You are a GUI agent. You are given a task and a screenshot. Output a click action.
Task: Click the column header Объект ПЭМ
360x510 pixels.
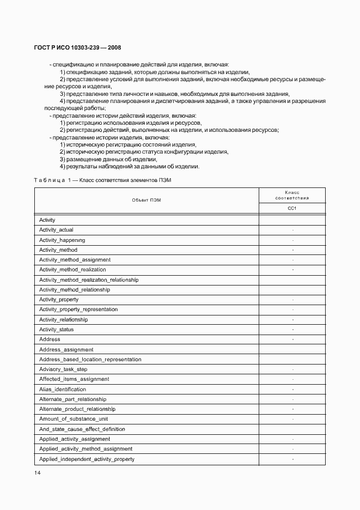tap(147, 200)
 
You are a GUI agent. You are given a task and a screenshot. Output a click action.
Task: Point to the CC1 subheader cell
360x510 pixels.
tap(292, 208)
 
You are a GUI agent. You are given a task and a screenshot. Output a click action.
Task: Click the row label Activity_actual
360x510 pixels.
tap(56, 230)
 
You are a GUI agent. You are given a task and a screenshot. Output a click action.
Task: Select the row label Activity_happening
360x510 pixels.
tap(62, 240)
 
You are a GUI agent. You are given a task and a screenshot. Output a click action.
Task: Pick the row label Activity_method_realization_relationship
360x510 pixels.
tap(89, 280)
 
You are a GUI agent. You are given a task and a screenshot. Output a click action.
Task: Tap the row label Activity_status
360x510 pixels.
tap(57, 329)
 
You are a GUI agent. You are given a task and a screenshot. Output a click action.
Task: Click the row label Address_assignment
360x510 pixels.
tap(66, 349)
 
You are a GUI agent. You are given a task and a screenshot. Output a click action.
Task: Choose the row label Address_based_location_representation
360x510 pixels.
tap(90, 359)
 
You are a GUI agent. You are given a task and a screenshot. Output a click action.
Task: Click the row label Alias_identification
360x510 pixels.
tap(63, 389)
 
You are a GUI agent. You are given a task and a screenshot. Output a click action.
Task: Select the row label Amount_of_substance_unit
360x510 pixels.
tap(74, 418)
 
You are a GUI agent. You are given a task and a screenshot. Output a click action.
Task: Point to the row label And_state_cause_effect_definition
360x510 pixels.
tap(82, 429)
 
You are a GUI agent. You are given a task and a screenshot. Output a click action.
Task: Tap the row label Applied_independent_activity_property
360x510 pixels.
tap(87, 459)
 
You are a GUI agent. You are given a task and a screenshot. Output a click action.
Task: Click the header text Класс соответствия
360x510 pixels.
tap(292, 195)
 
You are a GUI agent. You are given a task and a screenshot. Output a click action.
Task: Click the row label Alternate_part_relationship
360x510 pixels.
tap(72, 399)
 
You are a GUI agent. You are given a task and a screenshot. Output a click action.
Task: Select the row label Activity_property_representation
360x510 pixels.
tap(78, 309)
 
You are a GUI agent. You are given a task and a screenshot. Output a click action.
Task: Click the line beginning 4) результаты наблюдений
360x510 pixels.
tap(130, 166)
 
